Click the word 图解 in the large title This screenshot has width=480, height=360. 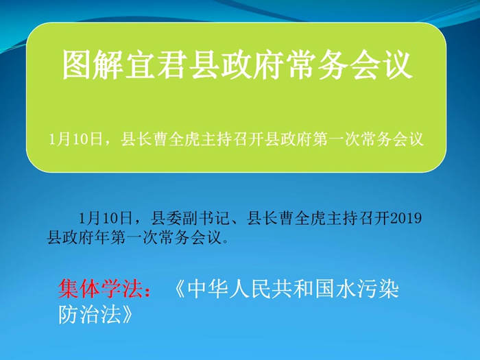93,65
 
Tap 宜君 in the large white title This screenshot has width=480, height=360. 156,65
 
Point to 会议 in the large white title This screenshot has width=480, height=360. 381,65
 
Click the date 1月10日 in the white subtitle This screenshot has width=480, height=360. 75,140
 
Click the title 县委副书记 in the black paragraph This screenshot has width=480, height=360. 190,218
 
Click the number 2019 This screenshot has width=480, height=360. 406,218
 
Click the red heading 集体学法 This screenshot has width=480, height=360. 101,289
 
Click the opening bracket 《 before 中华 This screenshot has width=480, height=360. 179,289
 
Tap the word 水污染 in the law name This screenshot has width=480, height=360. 368,289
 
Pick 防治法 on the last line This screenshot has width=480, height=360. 90,314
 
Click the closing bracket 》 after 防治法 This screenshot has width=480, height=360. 128,314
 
